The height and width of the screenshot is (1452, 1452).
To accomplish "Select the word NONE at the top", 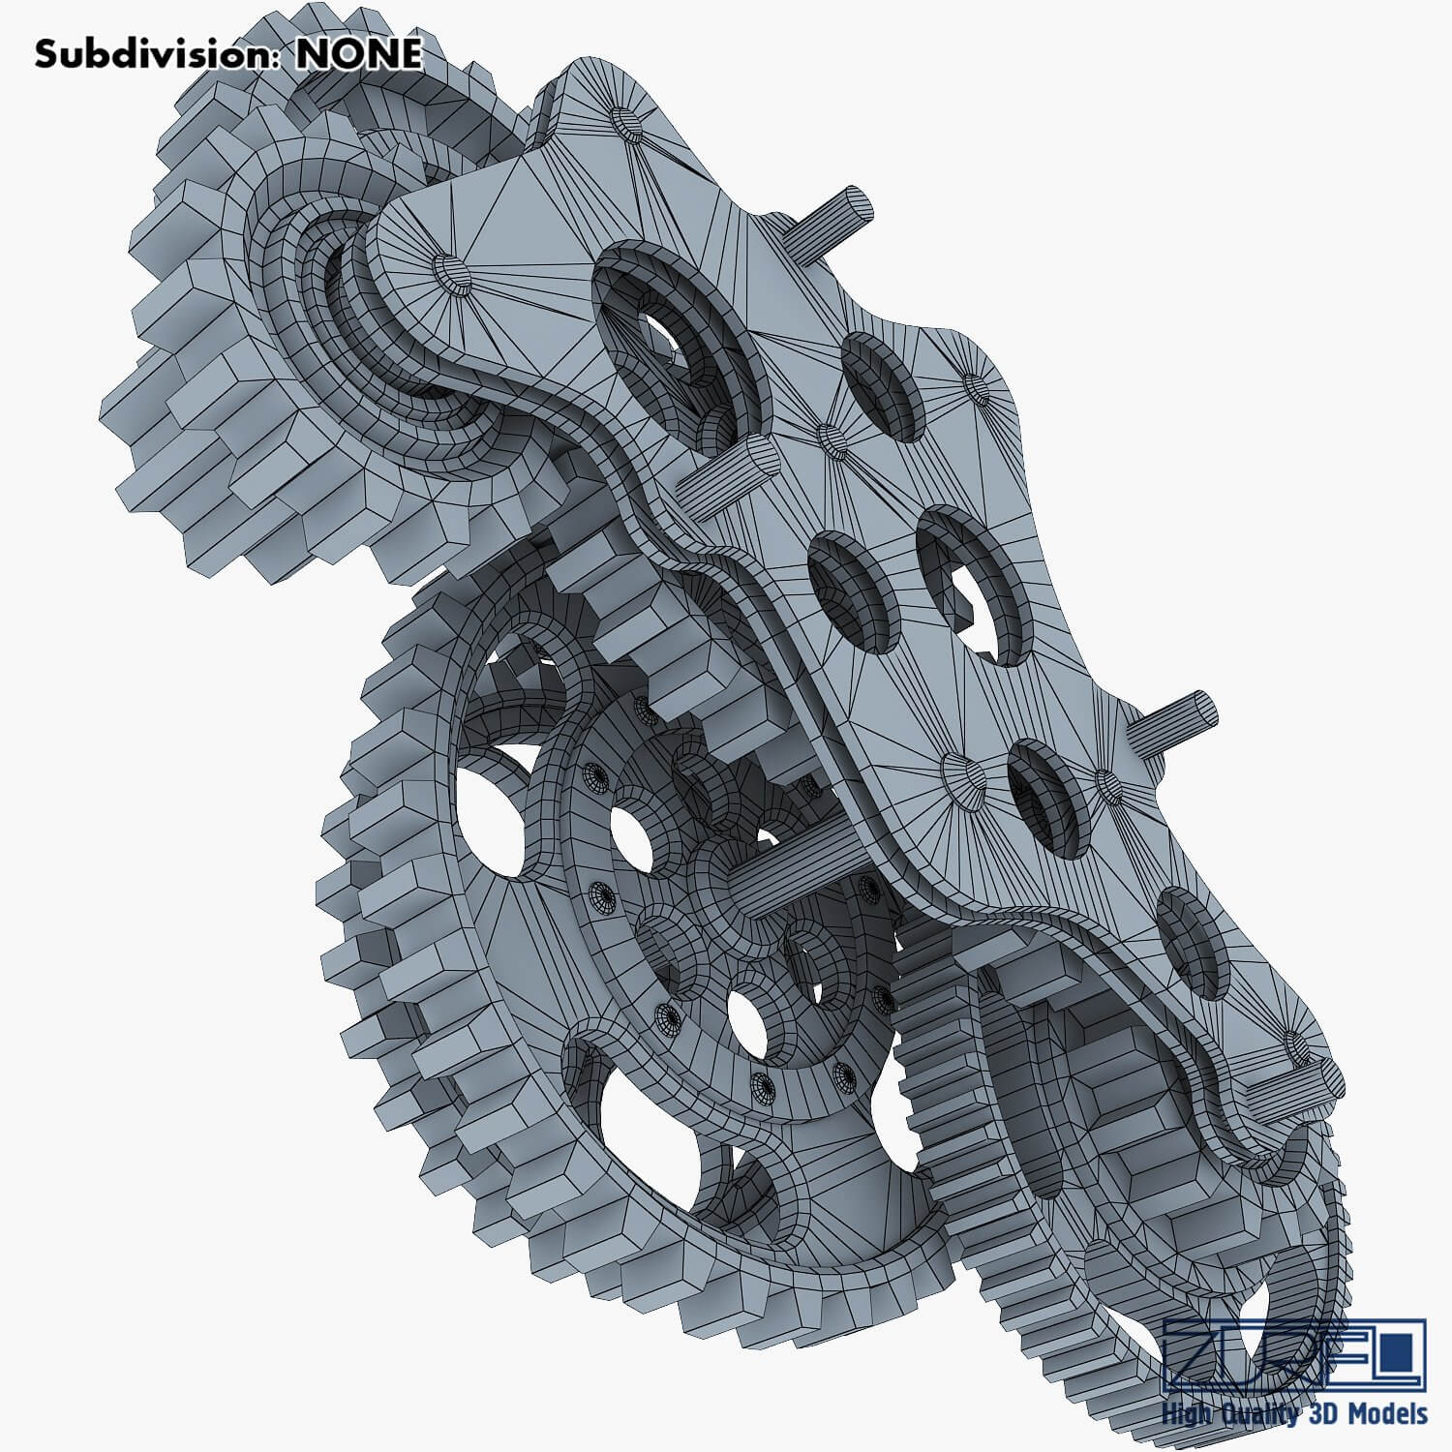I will (358, 54).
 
